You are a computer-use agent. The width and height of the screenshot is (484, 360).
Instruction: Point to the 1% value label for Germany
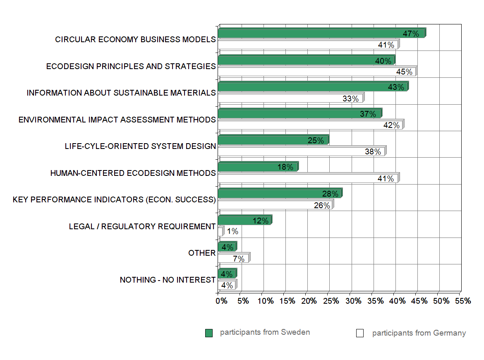pyautogui.click(x=232, y=232)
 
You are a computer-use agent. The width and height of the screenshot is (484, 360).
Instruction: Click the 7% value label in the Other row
pyautogui.click(x=239, y=259)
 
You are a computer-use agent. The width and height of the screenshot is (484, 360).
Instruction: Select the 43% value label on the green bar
pyautogui.click(x=396, y=87)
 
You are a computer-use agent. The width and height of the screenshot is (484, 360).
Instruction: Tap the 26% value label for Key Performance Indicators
pyautogui.click(x=322, y=205)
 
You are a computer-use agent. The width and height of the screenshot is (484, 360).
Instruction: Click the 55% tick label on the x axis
pyautogui.click(x=463, y=301)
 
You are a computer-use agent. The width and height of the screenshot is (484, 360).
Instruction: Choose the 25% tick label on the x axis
pyautogui.click(x=331, y=301)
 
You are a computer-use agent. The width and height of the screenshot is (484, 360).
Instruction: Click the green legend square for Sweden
pyautogui.click(x=209, y=333)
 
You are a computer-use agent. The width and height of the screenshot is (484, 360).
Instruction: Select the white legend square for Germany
pyautogui.click(x=360, y=333)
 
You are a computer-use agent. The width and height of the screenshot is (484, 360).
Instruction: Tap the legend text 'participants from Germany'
pyautogui.click(x=419, y=333)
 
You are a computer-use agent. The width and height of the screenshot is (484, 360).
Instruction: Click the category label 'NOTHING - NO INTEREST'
pyautogui.click(x=168, y=280)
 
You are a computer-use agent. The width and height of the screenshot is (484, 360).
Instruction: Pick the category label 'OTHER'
pyautogui.click(x=202, y=253)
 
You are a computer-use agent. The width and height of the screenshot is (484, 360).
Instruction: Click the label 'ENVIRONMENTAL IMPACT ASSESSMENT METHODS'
pyautogui.click(x=117, y=120)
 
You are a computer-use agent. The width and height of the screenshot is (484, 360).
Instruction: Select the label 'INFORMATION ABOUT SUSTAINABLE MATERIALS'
pyautogui.click(x=121, y=93)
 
